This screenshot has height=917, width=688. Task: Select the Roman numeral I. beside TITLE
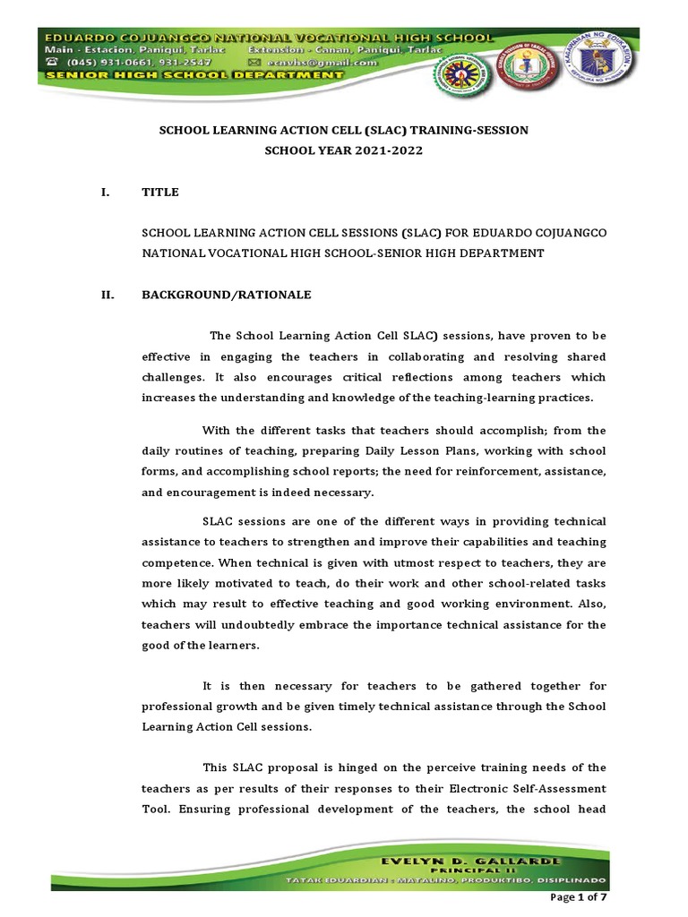pos(106,192)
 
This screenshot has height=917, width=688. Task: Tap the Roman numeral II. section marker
pos(107,294)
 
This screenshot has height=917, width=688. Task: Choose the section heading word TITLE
pos(160,192)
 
